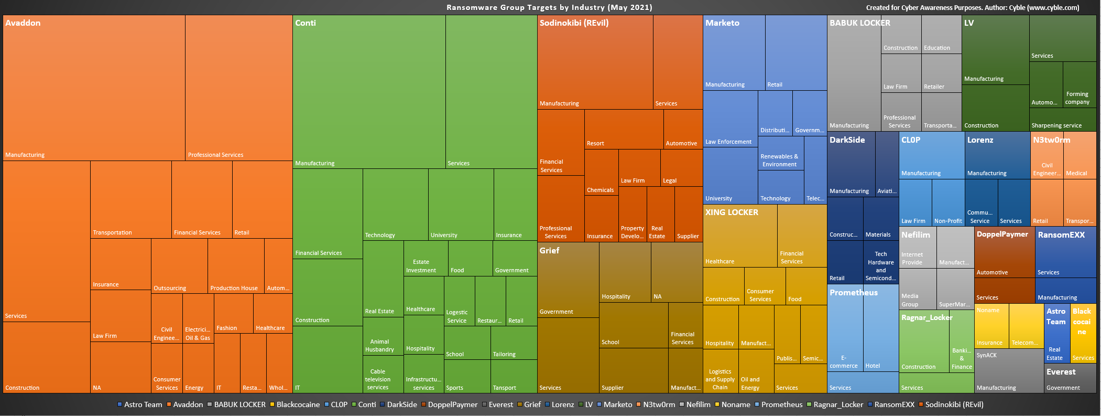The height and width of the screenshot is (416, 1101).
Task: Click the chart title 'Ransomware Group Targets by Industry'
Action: coord(549,7)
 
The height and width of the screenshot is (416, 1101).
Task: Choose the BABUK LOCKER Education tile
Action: coord(941,35)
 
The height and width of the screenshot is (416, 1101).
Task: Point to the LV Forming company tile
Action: coord(1079,85)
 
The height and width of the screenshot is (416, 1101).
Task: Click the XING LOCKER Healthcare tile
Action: coord(740,236)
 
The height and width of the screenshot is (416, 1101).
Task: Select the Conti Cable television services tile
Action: coord(383,374)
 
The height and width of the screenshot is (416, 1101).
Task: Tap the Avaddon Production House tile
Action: coord(236,266)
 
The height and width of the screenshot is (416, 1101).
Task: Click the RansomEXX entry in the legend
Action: coord(894,404)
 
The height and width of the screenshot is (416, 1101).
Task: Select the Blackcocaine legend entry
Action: coord(298,404)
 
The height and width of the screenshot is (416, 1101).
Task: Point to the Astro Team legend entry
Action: coord(143,404)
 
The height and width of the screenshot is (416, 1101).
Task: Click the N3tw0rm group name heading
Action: coord(1051,140)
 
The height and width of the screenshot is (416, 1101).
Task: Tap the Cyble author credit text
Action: coord(972,7)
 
